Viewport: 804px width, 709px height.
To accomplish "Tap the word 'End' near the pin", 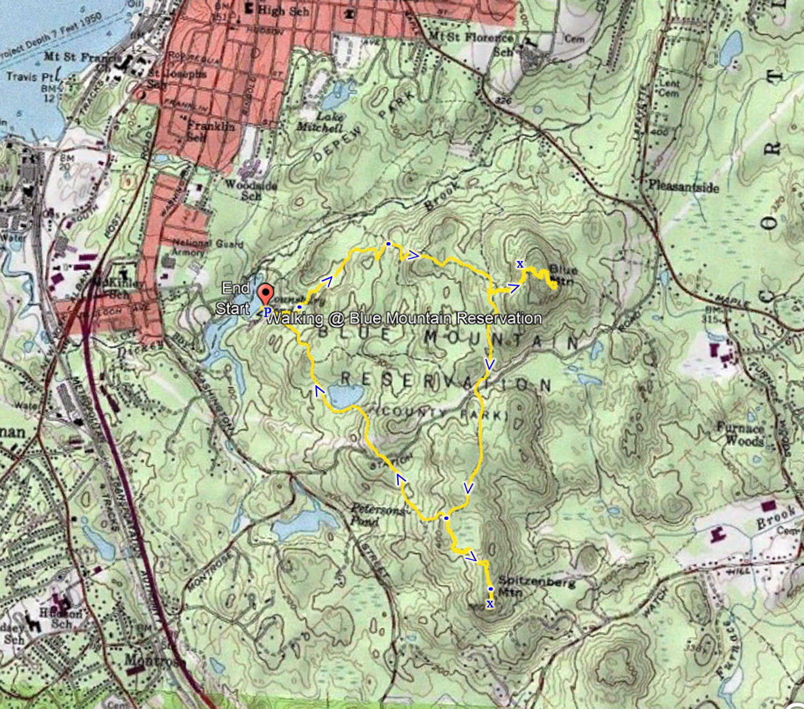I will click(235, 288).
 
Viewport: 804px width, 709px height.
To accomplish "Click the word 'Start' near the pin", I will click(233, 309).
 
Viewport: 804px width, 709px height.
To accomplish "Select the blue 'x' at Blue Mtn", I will click(519, 264).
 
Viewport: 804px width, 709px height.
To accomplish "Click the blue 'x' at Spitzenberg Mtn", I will click(489, 604).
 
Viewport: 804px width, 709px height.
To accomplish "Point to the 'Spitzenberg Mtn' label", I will click(536, 586).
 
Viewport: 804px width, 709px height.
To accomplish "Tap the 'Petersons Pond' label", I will click(378, 514).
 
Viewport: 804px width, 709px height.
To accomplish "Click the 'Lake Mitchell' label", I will click(321, 122).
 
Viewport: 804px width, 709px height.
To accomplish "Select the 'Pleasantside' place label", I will click(683, 186).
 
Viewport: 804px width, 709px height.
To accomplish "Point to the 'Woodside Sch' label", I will click(251, 190).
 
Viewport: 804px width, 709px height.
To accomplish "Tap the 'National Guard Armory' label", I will click(206, 247).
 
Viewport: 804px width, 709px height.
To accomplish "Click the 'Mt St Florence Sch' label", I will click(472, 43).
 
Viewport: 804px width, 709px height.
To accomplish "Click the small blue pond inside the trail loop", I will click(345, 396).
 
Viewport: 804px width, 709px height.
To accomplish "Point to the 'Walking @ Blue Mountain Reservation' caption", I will click(404, 318).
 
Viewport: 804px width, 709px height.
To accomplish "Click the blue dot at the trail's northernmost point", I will click(388, 244).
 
